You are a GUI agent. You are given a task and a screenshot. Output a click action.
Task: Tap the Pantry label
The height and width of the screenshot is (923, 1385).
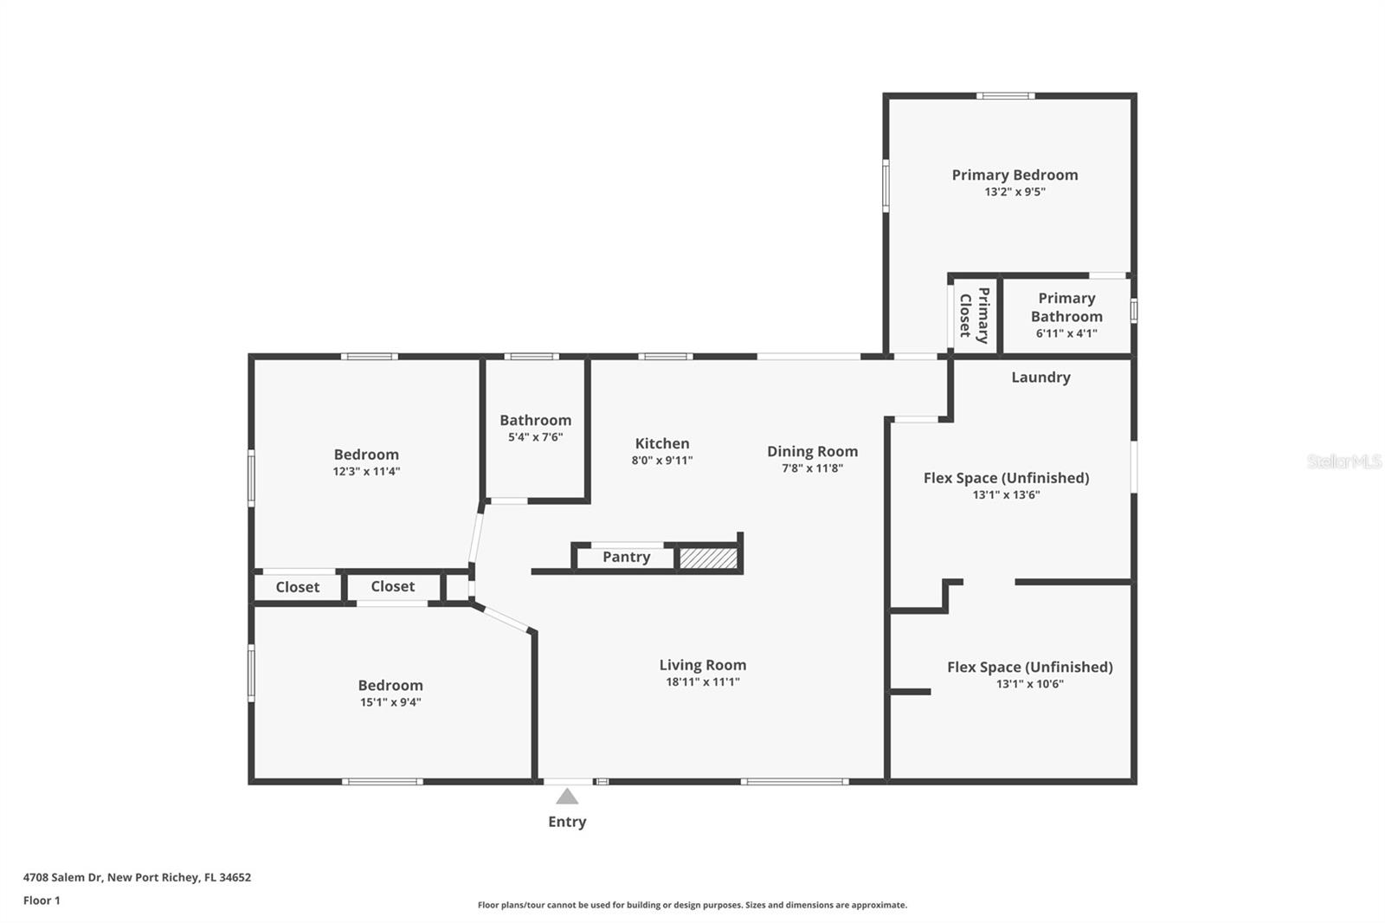[x=626, y=557]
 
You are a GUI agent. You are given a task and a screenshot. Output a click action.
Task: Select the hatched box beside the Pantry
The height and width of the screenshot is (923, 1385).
[x=708, y=558]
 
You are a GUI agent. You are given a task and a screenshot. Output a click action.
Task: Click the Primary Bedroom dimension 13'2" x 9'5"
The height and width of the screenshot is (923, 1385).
[x=1015, y=192]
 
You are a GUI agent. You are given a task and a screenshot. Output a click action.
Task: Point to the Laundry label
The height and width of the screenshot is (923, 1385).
[x=1040, y=377]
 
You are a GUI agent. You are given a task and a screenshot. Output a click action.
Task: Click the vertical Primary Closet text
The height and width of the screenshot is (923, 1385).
[x=974, y=315]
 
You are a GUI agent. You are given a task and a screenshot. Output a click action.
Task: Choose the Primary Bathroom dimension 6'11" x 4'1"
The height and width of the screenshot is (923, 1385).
[x=1066, y=333]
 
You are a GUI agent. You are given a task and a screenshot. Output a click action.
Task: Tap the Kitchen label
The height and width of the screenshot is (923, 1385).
[x=662, y=443]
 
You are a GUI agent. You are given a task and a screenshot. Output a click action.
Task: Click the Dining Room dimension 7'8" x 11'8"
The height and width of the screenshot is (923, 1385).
[x=812, y=468]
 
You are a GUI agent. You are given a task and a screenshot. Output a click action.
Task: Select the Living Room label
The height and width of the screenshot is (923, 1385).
[x=702, y=665]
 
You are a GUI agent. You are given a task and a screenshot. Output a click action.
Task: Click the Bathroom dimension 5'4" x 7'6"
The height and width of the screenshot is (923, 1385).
[x=535, y=437]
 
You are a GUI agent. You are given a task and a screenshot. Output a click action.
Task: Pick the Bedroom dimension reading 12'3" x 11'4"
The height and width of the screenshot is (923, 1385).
[x=366, y=472]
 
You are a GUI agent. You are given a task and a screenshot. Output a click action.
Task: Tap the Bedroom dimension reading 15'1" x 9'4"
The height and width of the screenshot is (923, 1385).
[x=390, y=702]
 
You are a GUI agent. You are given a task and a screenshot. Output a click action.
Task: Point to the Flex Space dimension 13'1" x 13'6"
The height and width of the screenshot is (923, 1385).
[x=1006, y=495]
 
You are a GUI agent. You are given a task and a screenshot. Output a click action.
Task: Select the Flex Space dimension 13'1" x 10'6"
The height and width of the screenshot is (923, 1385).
[x=1029, y=684]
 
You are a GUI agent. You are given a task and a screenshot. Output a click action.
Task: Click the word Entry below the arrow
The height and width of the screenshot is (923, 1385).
[x=567, y=822]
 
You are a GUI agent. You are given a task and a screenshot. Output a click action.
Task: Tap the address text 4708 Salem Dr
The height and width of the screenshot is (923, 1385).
[x=63, y=877]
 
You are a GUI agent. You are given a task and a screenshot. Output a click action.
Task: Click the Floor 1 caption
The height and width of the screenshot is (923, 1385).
[x=42, y=900]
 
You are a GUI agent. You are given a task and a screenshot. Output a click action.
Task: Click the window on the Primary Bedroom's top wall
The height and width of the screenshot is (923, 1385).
[x=1005, y=96]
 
